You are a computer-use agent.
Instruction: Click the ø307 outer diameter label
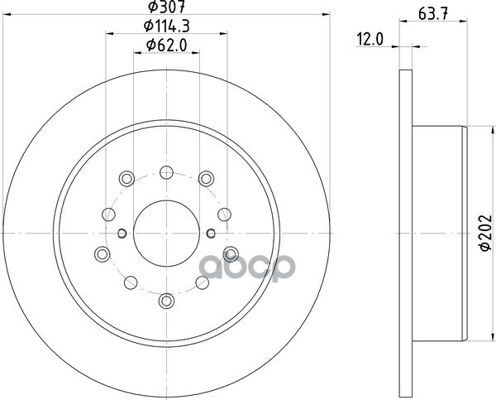(x=167, y=7)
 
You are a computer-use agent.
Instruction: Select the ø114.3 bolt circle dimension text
(x=167, y=26)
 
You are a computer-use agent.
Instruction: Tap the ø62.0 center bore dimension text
(x=167, y=45)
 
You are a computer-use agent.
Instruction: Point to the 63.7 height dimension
(x=433, y=14)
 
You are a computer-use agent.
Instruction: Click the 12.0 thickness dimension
(x=370, y=40)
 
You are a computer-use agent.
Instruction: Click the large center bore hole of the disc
(x=166, y=234)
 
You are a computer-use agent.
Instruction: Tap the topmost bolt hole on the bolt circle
(x=166, y=172)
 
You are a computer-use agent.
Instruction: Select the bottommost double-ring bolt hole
(x=166, y=301)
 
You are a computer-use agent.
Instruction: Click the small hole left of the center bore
(x=122, y=234)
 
